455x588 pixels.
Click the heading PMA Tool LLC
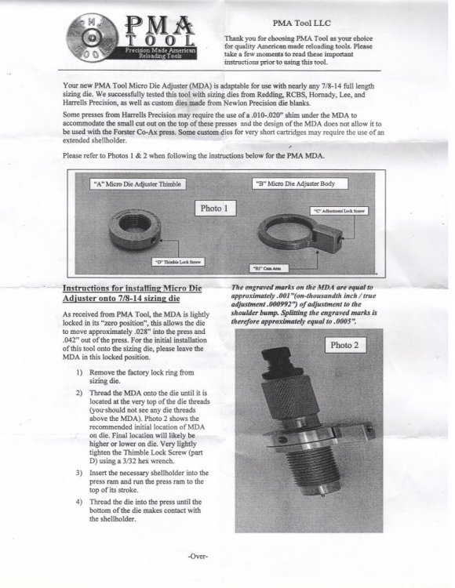pyautogui.click(x=302, y=24)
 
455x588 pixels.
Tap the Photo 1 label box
pyautogui.click(x=215, y=208)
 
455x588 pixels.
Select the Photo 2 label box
pyautogui.click(x=345, y=345)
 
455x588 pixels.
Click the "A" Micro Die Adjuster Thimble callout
pyautogui.click(x=137, y=183)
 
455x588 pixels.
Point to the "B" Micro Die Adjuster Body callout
pyautogui.click(x=300, y=183)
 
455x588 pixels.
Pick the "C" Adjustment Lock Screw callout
pyautogui.click(x=339, y=211)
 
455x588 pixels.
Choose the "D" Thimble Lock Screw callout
pyautogui.click(x=179, y=262)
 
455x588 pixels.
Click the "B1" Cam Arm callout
pyautogui.click(x=269, y=268)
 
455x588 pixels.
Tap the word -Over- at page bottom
pyautogui.click(x=198, y=556)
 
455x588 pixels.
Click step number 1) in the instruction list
pyautogui.click(x=79, y=372)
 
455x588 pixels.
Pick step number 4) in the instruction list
pyautogui.click(x=79, y=502)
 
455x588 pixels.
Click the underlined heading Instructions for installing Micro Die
pyautogui.click(x=132, y=289)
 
